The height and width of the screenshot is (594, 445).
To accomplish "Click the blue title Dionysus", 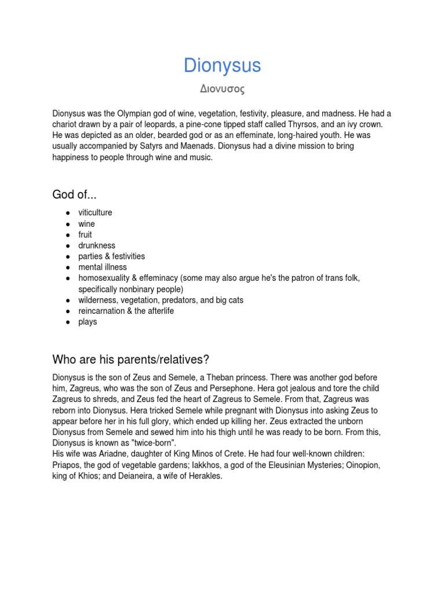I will (222, 66).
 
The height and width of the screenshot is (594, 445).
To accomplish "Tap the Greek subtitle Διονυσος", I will (222, 90).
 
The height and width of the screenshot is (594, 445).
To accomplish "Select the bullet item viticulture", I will (95, 213).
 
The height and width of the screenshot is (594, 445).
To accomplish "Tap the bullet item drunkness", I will (97, 245).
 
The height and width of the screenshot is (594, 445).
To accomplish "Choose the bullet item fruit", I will (85, 235).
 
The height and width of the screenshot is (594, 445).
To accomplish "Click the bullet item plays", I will (87, 322).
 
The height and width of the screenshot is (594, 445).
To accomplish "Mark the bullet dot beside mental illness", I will (67, 267).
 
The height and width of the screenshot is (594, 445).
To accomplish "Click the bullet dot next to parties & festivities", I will (67, 256).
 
